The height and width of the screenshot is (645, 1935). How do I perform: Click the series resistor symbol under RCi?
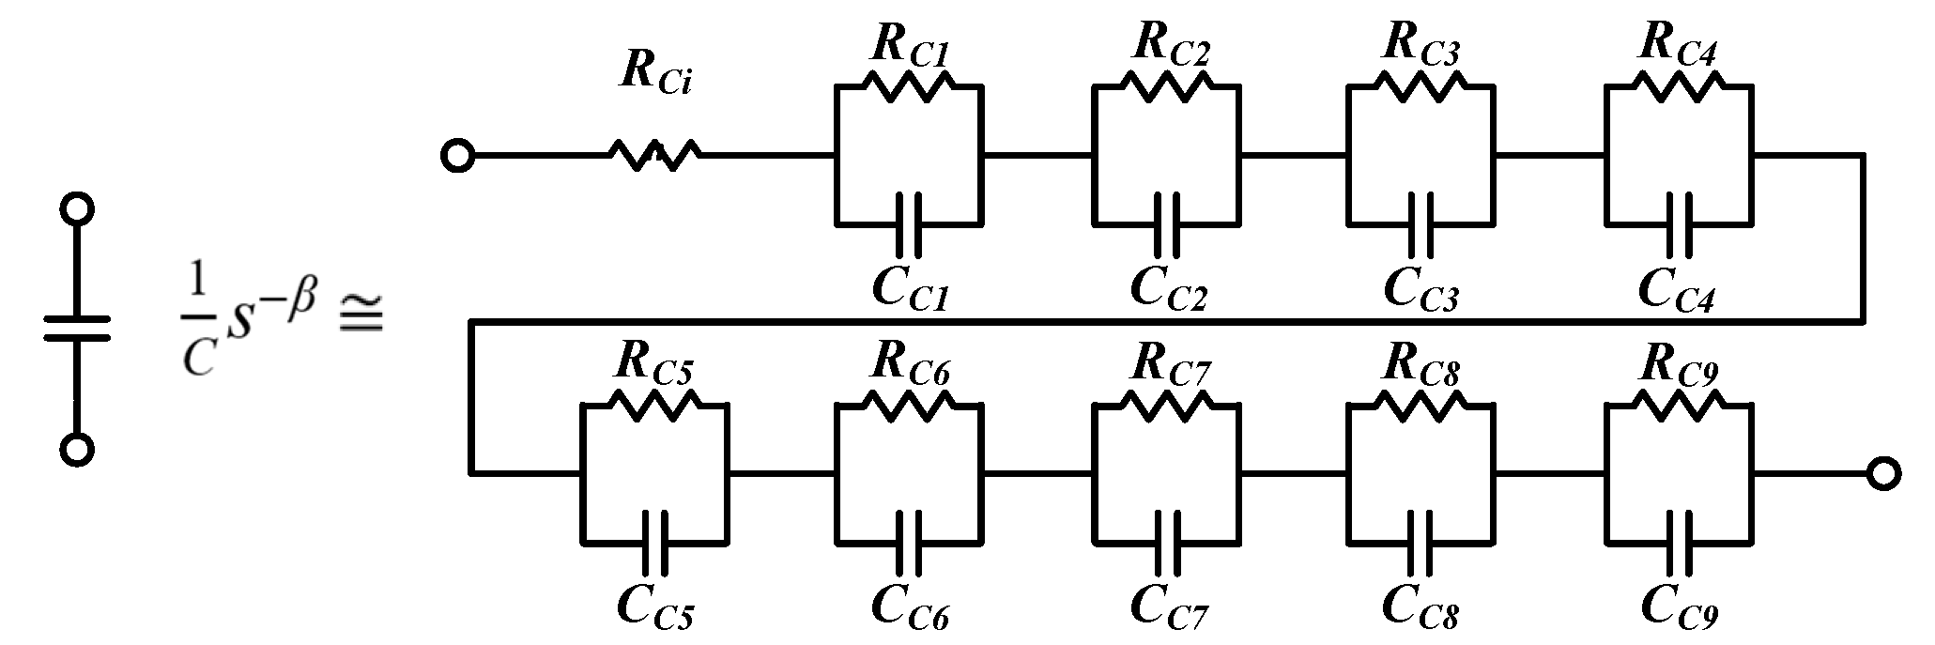click(x=654, y=155)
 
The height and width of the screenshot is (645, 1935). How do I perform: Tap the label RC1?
click(x=910, y=43)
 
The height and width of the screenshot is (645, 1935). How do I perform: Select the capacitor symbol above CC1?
click(x=909, y=223)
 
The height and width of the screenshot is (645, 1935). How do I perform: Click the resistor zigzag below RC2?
click(x=1167, y=86)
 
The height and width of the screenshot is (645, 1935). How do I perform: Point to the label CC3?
click(x=1421, y=286)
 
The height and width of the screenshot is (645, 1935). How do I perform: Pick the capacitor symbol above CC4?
click(x=1679, y=223)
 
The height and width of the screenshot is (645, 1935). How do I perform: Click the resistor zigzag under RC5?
click(x=654, y=405)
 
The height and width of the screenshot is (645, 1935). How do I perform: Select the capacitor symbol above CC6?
click(x=909, y=542)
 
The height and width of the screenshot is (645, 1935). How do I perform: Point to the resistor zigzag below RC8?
click(x=1421, y=405)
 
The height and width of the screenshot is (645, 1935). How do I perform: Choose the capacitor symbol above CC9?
click(x=1679, y=542)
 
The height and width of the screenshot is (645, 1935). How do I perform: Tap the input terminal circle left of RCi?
click(x=457, y=156)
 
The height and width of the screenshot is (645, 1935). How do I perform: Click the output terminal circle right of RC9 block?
click(x=1882, y=473)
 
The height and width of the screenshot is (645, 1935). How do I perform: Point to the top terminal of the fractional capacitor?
click(x=77, y=209)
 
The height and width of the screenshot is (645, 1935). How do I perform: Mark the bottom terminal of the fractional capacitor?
click(x=77, y=450)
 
